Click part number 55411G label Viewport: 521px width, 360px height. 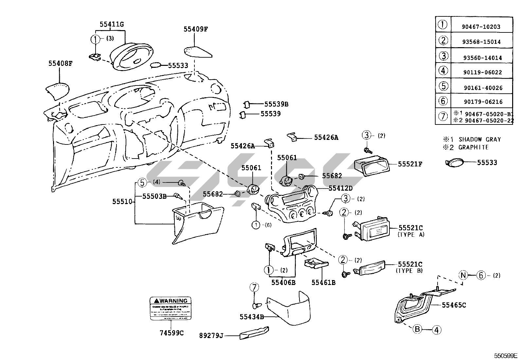[x=112, y=24]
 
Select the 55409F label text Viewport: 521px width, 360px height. [x=196, y=29]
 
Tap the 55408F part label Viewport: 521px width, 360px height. [x=60, y=64]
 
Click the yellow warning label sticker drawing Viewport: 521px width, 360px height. [x=171, y=308]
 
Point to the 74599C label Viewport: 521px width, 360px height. [x=171, y=333]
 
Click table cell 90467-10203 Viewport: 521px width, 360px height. [x=481, y=27]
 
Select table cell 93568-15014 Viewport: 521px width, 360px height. [x=481, y=42]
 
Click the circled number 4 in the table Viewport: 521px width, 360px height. [x=443, y=70]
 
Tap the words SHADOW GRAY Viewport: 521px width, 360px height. [x=479, y=139]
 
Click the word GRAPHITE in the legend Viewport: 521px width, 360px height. [x=473, y=147]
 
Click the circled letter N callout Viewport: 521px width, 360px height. [x=463, y=275]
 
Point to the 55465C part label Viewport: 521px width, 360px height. [x=454, y=305]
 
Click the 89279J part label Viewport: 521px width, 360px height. [x=211, y=336]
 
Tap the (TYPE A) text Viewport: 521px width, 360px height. [x=411, y=235]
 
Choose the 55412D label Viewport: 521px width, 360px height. [x=340, y=188]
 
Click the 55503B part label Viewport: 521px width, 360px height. [x=154, y=196]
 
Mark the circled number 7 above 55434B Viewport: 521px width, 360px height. [x=254, y=288]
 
